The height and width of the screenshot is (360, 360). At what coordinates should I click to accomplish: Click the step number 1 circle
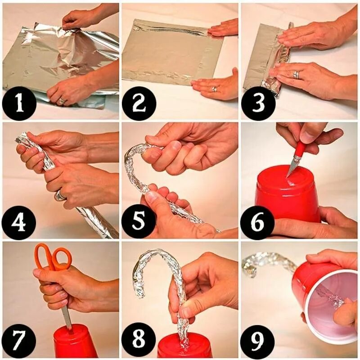click(x=19, y=103)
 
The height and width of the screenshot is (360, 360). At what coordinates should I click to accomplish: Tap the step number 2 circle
click(x=139, y=103)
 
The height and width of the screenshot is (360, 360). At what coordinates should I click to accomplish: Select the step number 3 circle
click(x=258, y=103)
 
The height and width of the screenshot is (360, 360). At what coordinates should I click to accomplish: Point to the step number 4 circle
click(x=19, y=223)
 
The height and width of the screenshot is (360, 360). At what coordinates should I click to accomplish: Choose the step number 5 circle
click(x=139, y=222)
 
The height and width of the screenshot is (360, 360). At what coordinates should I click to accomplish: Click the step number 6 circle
click(x=258, y=222)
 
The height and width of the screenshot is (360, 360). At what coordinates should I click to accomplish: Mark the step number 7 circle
click(x=19, y=340)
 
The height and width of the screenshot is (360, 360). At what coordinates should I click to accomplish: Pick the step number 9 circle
click(x=258, y=340)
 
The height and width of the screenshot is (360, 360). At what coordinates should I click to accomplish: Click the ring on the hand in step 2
click(x=215, y=89)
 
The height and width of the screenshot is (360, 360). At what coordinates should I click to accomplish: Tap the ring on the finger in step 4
click(x=60, y=196)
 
